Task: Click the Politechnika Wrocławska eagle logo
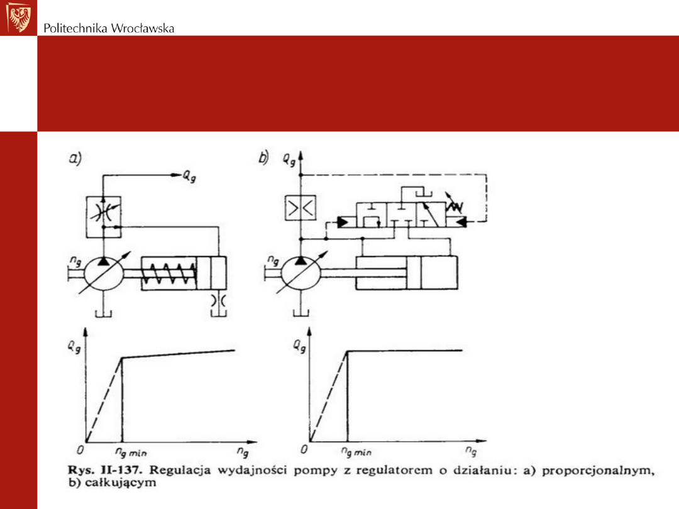click(19, 18)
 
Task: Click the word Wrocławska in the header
click(143, 28)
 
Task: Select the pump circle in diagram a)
click(103, 273)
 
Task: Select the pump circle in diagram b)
click(301, 273)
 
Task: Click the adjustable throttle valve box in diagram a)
click(104, 217)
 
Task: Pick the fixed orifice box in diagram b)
click(301, 208)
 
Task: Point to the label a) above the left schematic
click(75, 158)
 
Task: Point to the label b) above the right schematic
click(263, 157)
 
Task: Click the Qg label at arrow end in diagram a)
click(189, 176)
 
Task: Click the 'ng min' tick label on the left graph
click(131, 452)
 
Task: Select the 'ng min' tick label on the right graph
click(356, 452)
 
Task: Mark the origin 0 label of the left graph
click(80, 450)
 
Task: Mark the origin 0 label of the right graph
click(304, 449)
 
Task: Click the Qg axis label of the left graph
click(74, 347)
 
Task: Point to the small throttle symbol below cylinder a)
click(219, 300)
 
